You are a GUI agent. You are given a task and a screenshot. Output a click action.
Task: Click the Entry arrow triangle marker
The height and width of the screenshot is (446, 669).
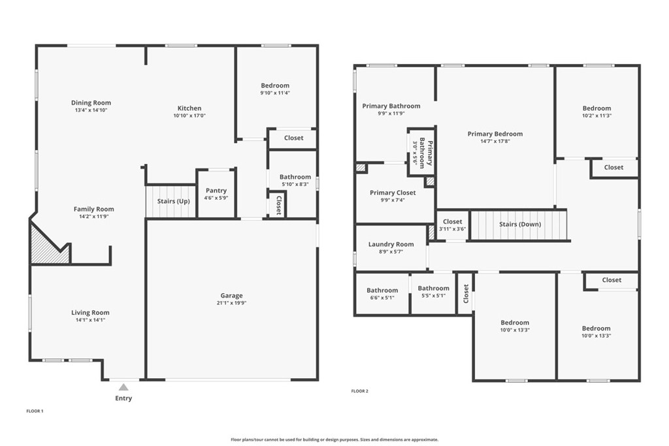(123, 387)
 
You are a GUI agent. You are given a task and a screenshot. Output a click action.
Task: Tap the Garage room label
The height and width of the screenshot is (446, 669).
(232, 296)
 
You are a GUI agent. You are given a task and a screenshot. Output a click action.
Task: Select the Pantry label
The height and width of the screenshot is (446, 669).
(216, 191)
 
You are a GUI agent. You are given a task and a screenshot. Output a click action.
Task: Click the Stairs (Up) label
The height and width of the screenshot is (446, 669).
(173, 201)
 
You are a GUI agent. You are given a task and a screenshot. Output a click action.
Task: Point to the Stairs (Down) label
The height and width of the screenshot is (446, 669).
(520, 224)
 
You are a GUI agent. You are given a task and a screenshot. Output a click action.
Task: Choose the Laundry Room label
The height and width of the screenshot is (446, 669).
(391, 244)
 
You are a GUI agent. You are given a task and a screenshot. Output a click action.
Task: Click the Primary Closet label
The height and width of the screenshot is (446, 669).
(393, 193)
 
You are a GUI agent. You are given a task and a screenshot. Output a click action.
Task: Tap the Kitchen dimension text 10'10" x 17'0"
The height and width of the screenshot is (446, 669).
(189, 116)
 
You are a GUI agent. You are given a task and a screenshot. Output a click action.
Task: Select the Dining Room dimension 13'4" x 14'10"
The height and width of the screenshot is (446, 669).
(91, 110)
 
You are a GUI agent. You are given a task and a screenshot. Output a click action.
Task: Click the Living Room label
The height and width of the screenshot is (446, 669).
(90, 313)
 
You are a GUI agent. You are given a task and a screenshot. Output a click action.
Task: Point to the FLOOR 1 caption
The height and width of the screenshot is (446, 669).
(35, 411)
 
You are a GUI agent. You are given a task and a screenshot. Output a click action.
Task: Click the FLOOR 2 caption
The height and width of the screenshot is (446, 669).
(360, 391)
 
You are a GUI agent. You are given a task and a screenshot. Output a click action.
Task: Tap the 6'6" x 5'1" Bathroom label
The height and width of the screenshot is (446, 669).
(382, 291)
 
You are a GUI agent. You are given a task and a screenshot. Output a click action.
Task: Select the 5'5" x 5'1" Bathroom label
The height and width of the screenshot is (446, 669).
(434, 288)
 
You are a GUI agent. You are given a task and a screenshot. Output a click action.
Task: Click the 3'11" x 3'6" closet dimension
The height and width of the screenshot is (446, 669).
(452, 229)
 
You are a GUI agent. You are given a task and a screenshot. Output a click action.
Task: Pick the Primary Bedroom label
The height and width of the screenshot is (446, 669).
(495, 134)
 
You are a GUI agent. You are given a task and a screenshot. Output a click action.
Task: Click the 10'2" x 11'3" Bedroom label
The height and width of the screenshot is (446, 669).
(597, 108)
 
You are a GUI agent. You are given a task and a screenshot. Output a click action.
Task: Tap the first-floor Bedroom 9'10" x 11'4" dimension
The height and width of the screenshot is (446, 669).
(275, 93)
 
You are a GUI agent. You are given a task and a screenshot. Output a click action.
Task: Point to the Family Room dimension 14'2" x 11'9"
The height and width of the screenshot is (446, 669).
(93, 217)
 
